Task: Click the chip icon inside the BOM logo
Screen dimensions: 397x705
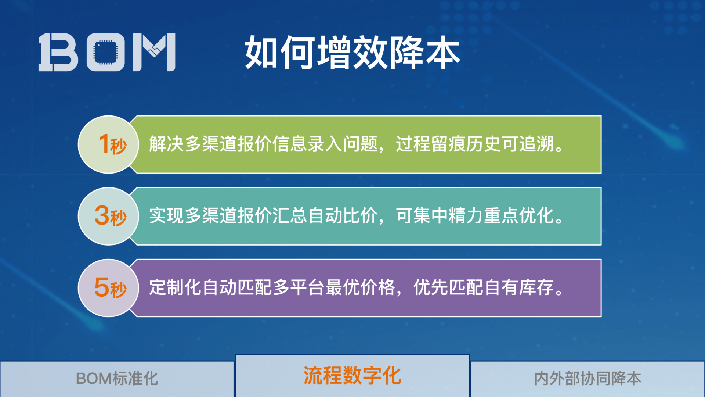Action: point(106,52)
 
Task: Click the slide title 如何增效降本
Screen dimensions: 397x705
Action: point(352,53)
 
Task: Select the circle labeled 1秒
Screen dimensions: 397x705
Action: point(108,144)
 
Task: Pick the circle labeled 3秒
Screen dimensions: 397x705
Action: point(108,216)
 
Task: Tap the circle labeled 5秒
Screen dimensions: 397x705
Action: point(108,288)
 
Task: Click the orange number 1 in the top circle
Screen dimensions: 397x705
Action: point(104,143)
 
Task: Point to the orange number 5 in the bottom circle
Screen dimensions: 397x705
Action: point(101,287)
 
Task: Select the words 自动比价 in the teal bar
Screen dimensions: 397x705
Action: point(343,216)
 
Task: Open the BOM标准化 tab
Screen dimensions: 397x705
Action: point(117,379)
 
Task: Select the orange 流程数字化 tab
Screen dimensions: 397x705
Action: point(352,376)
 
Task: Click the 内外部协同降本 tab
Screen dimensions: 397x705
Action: point(587,379)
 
